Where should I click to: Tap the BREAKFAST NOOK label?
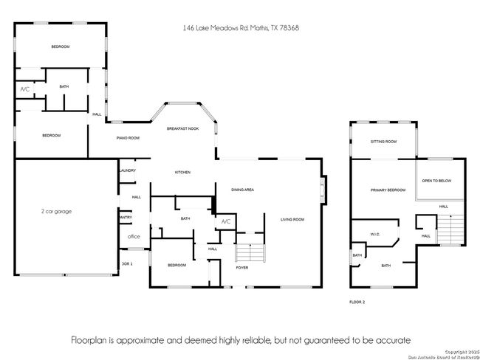point(182,129)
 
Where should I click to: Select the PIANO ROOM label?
point(128,138)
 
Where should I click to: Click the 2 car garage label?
point(56,211)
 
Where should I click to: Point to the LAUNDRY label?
point(127,171)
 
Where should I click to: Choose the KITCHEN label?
point(182,172)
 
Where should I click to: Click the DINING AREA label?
point(243,190)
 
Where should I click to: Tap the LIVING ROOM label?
point(292,219)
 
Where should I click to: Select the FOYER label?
point(243,268)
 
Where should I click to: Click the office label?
point(134,237)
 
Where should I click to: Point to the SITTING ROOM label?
point(383,141)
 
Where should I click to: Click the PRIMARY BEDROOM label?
point(388,190)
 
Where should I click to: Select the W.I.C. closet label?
point(374,235)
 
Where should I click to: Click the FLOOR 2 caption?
point(357,302)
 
